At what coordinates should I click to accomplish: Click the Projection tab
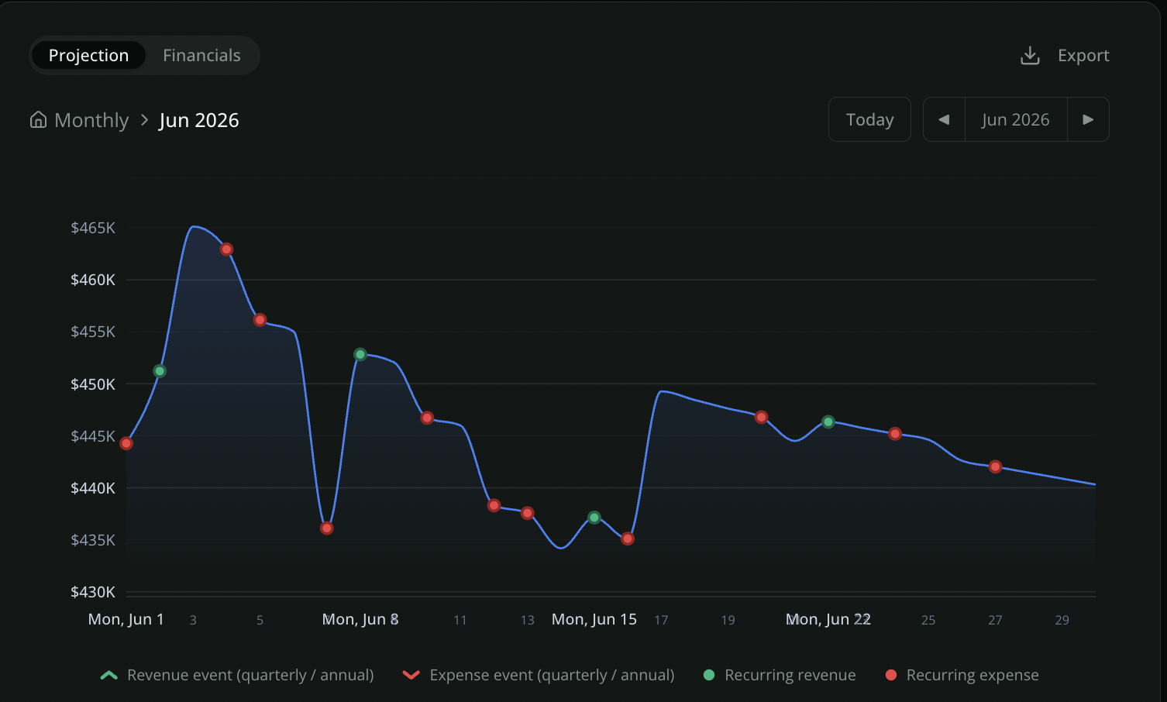(88, 55)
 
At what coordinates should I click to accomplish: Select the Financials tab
(201, 55)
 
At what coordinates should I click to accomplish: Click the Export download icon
(1030, 55)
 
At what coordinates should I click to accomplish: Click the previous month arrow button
(944, 119)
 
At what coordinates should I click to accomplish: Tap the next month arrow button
(1088, 119)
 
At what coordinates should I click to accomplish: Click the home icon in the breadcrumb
(38, 120)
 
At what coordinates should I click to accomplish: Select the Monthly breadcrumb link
(91, 120)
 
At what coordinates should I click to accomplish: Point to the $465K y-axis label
(93, 228)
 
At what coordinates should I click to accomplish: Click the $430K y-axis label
(93, 592)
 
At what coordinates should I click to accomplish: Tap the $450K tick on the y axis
(93, 384)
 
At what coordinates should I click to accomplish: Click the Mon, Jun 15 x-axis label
(594, 619)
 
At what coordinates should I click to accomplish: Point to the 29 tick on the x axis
(1062, 620)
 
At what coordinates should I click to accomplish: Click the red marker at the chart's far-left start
(126, 443)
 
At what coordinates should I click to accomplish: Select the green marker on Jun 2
(160, 371)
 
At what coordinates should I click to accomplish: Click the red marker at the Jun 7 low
(327, 528)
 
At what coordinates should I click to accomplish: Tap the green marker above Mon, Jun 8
(360, 354)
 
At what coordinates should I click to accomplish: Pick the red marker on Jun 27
(995, 466)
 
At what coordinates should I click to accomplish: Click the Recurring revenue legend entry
(779, 675)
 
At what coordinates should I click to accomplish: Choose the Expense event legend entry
(539, 675)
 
